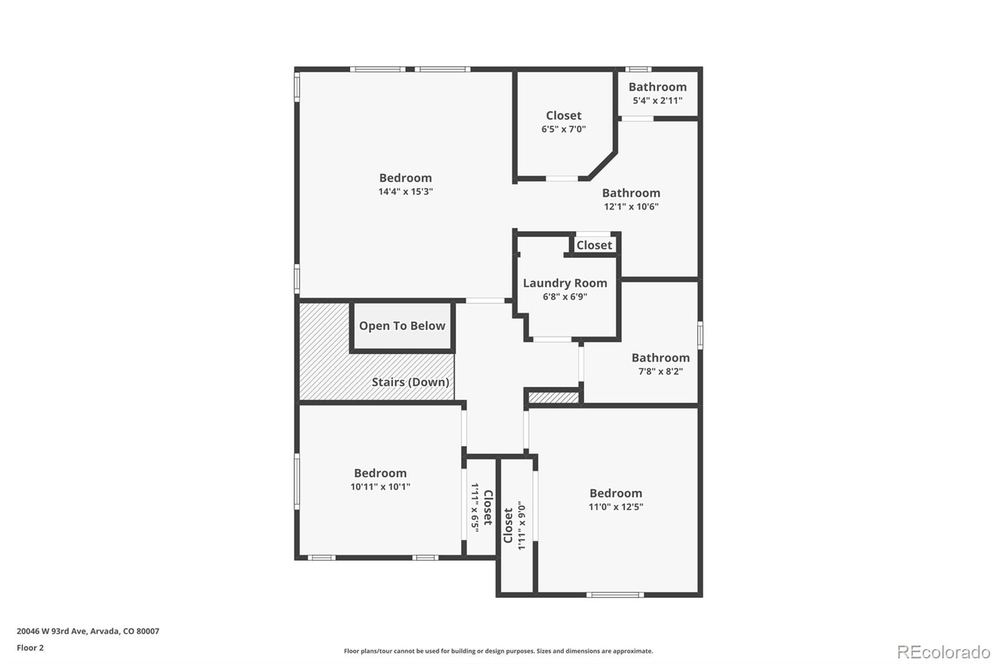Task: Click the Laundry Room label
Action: (565, 283)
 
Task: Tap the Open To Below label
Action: (402, 326)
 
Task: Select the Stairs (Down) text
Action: (410, 382)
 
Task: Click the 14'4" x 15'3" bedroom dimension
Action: (405, 192)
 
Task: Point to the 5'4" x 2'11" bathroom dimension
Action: (657, 100)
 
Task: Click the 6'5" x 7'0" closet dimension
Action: (563, 129)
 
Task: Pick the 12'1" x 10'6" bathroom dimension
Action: (631, 207)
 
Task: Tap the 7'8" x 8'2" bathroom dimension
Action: (660, 371)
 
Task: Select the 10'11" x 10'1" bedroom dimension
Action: (380, 487)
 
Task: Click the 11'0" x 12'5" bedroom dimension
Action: (616, 507)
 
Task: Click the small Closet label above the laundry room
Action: (594, 245)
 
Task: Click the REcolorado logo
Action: (943, 652)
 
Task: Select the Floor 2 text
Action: (30, 648)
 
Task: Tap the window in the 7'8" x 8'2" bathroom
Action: (700, 334)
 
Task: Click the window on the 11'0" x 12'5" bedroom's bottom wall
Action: (615, 595)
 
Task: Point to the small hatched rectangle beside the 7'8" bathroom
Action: (553, 397)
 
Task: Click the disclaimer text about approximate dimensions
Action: (499, 651)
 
